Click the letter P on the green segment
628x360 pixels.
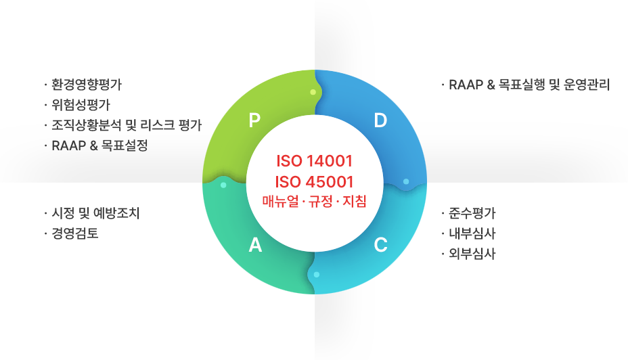(254, 120)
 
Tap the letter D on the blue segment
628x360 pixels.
(380, 120)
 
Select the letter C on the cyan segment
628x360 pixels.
(380, 245)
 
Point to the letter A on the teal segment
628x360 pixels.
(255, 245)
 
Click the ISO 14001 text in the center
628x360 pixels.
(315, 161)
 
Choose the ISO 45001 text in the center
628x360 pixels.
(315, 182)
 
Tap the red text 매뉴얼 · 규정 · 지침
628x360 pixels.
(315, 201)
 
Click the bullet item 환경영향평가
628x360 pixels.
(87, 85)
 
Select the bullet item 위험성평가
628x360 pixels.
(81, 105)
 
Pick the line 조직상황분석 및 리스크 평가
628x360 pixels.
(127, 125)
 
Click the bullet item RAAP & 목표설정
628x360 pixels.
(99, 145)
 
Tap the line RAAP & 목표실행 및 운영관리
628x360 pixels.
(529, 85)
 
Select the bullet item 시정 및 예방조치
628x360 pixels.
(95, 213)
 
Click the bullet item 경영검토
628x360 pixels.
(75, 233)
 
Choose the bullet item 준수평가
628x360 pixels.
(472, 213)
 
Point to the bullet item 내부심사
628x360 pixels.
(472, 233)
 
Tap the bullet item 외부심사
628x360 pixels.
(472, 254)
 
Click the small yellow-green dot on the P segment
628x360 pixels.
(313, 92)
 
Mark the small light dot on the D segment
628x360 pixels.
(406, 182)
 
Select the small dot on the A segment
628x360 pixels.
(223, 185)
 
